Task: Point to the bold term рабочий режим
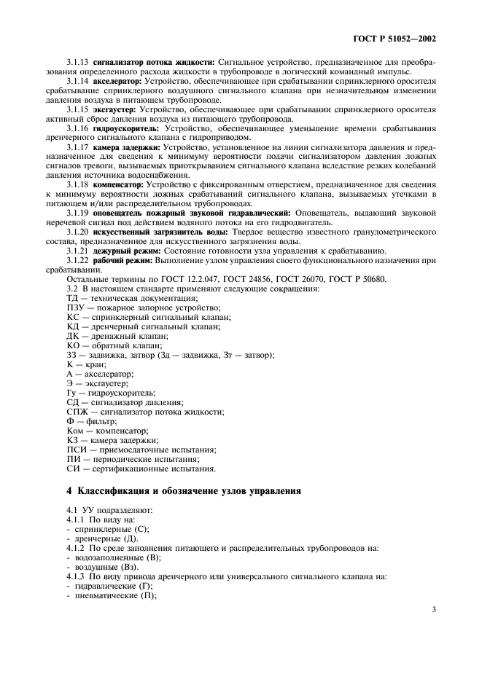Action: click(123, 260)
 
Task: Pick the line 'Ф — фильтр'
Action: click(91, 421)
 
